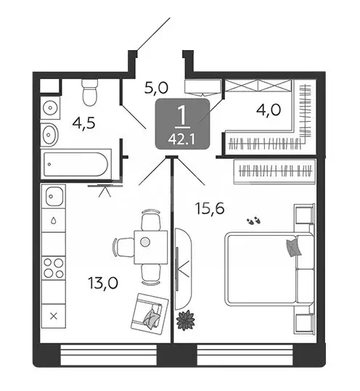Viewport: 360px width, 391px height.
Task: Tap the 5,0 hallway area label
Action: (x=157, y=89)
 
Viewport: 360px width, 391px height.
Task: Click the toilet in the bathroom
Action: (x=90, y=92)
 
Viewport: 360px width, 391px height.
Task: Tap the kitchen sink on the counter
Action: (x=54, y=195)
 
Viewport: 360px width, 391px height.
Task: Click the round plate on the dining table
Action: (x=146, y=241)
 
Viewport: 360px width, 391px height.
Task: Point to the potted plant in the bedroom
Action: (x=187, y=319)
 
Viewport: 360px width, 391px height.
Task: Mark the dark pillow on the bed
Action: (x=293, y=247)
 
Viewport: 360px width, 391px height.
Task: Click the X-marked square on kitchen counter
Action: (x=53, y=316)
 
